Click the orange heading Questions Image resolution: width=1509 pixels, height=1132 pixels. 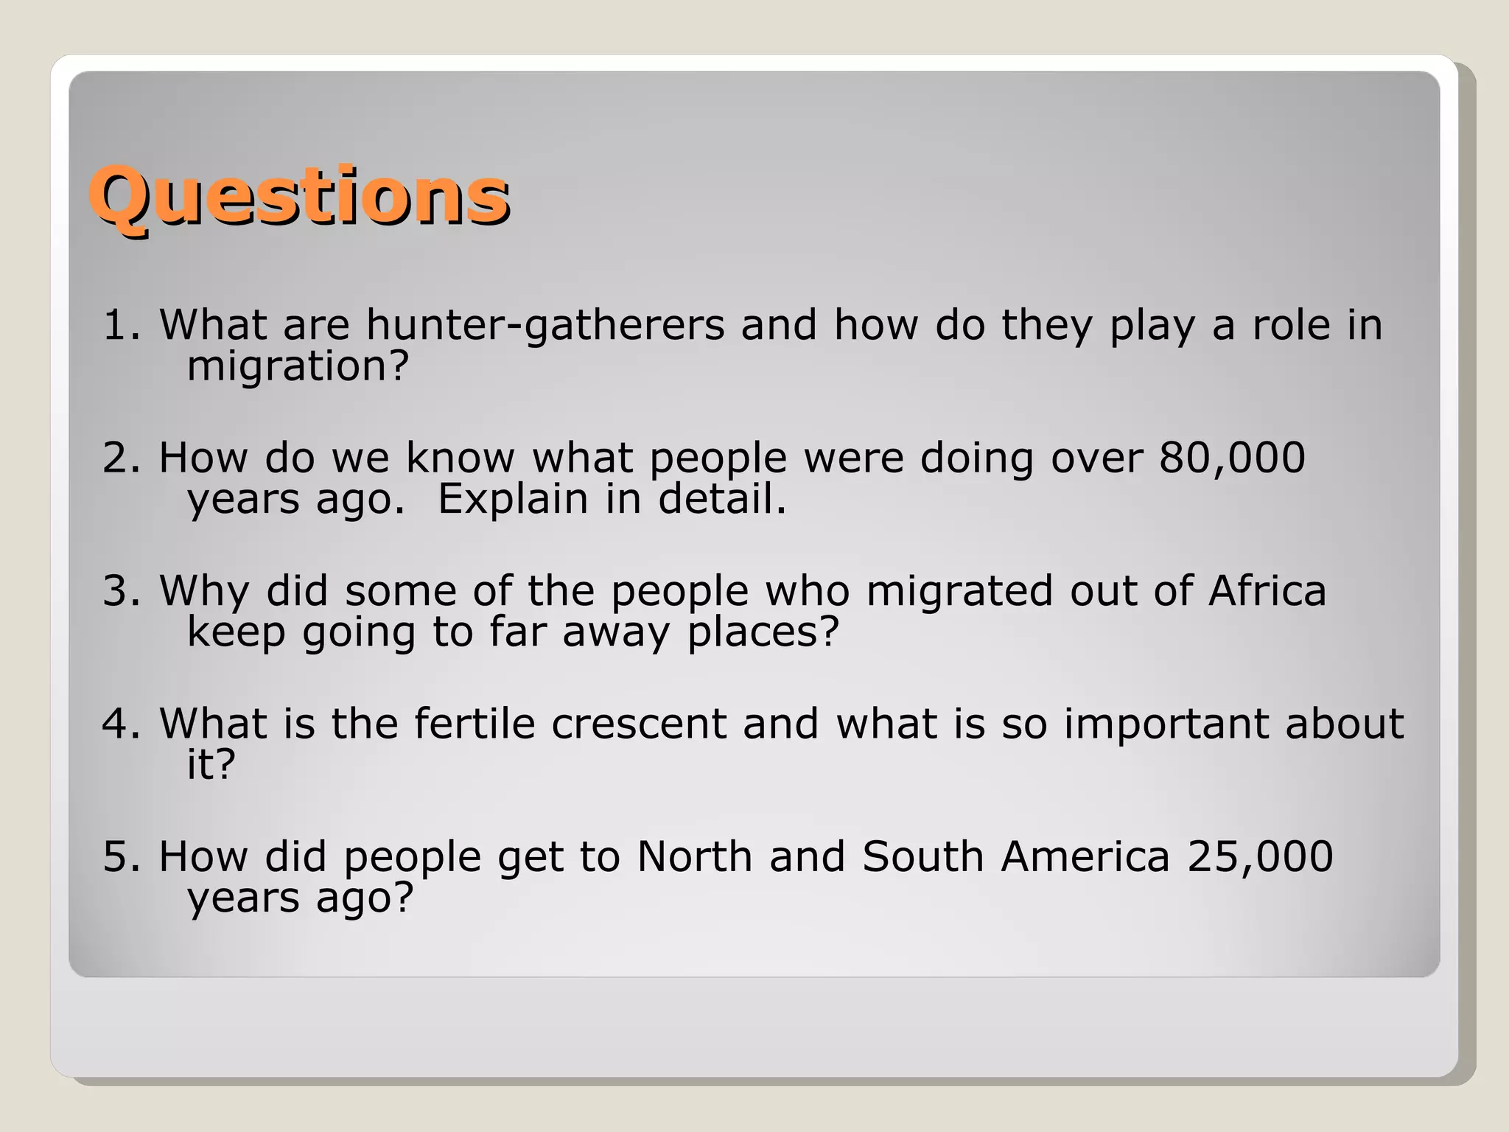pos(299,196)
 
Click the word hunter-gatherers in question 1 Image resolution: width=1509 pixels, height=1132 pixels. pos(545,325)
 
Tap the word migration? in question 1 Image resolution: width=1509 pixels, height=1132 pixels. pos(298,366)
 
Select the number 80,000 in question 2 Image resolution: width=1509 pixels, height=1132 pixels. pos(1232,458)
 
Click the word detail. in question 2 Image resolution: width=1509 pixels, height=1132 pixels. pos(722,499)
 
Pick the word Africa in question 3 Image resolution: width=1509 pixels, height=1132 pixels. pos(1267,591)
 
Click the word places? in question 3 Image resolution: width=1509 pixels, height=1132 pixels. pos(763,632)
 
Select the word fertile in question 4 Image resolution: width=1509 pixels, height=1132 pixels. pos(474,724)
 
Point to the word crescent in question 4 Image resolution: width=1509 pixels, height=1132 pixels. pos(639,724)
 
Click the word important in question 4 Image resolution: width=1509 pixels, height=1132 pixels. pos(1166,724)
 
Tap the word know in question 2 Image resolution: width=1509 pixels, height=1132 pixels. pos(460,458)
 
